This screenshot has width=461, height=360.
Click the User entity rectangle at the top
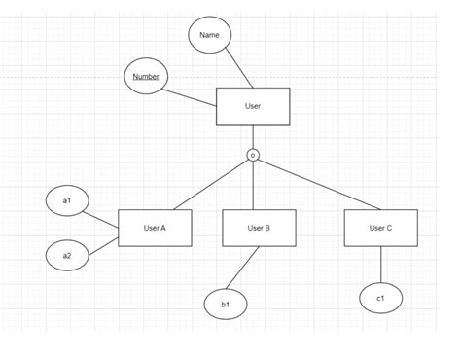tap(252, 106)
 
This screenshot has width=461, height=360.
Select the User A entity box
tap(155, 228)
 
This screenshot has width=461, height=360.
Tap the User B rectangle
tap(259, 228)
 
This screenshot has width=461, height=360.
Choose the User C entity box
tap(380, 228)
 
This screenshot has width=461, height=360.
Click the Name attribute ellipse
tap(209, 36)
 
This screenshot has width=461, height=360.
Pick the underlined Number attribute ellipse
tap(146, 77)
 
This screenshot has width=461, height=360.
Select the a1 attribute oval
tap(67, 200)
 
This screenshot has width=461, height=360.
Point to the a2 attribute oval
tap(67, 256)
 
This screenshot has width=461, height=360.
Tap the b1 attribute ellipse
tap(226, 305)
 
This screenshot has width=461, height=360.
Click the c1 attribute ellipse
tap(380, 297)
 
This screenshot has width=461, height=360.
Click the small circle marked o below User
tap(253, 155)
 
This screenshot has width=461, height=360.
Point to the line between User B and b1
tap(244, 269)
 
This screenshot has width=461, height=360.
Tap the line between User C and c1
tap(380, 264)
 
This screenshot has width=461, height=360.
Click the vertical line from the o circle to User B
tap(253, 185)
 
